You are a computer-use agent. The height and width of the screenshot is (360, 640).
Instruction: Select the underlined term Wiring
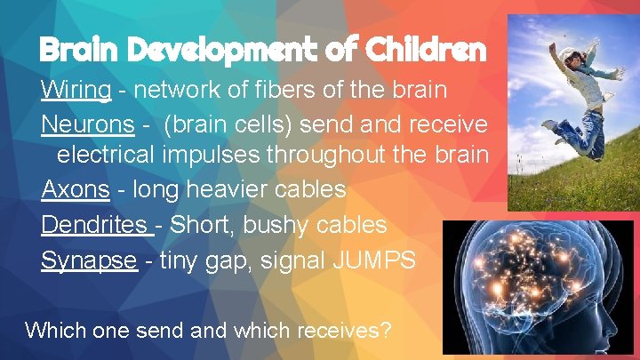click(76, 91)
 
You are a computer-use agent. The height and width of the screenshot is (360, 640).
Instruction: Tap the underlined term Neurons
click(87, 125)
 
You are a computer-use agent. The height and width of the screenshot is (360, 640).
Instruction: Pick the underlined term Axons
click(75, 189)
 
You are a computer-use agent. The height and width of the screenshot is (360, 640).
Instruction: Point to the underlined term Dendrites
click(95, 224)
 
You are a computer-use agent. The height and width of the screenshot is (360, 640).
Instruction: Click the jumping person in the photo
click(581, 93)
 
